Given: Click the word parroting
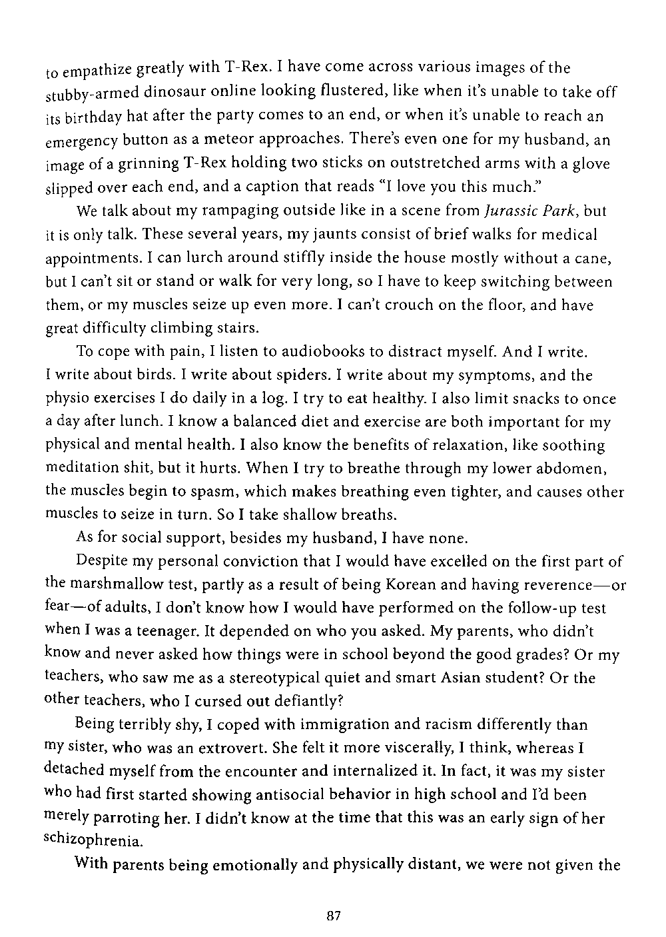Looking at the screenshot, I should [x=124, y=818].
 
